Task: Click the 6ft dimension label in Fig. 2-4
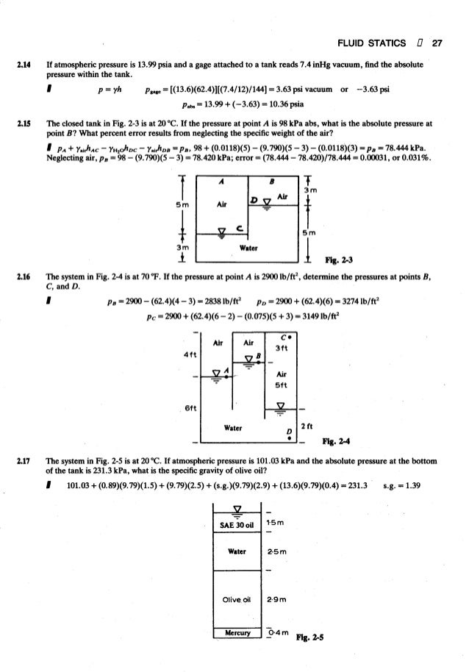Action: point(189,407)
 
